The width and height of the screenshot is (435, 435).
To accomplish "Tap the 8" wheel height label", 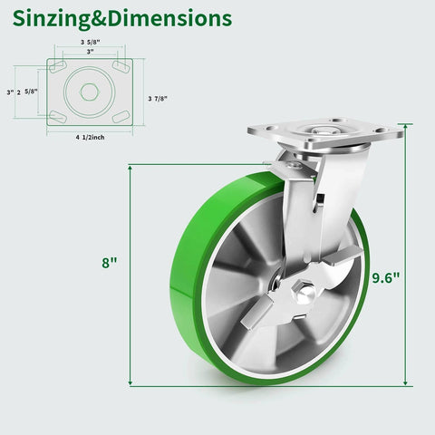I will [x=110, y=263].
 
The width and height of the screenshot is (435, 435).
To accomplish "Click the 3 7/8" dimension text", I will [x=157, y=98].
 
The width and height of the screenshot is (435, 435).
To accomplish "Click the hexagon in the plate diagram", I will [x=89, y=92].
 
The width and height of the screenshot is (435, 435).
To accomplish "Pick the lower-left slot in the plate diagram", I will [x=57, y=115].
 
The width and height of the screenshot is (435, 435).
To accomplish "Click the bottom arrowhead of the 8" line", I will [x=131, y=384].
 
